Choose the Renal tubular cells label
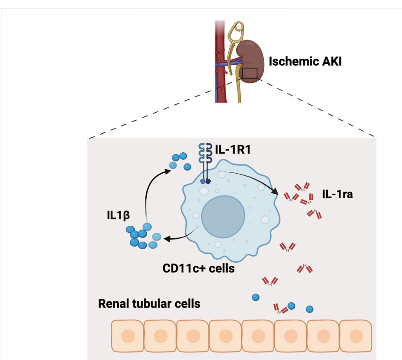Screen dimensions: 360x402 (x=149, y=304)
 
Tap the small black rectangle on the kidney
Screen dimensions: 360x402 (x=250, y=73)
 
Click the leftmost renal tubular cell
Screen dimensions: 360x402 (x=127, y=335)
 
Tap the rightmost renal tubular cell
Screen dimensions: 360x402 (x=356, y=335)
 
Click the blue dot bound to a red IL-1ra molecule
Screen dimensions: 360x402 (x=292, y=306)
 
